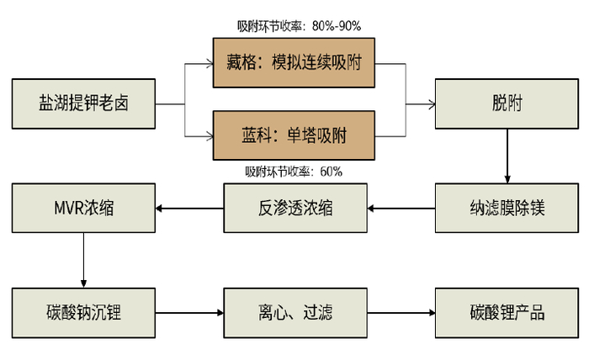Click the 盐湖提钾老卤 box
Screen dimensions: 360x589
point(85,103)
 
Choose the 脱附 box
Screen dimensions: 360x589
point(507,103)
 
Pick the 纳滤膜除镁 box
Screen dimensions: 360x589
point(507,207)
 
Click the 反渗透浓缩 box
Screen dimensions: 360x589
point(295,207)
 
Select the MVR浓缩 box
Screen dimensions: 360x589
point(85,207)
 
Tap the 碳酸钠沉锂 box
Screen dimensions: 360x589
point(85,313)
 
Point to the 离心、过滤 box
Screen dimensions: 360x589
point(295,313)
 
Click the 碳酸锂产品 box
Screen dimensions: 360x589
point(507,313)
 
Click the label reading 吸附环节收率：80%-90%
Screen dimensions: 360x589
point(300,26)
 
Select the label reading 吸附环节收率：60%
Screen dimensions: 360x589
point(294,172)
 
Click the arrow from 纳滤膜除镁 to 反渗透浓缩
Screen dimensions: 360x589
point(401,208)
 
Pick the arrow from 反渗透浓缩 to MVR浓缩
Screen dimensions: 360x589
point(190,208)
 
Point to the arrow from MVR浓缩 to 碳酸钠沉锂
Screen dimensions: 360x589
point(84,260)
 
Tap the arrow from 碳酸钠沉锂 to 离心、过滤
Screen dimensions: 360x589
point(190,314)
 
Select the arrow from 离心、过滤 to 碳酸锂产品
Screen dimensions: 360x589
point(401,314)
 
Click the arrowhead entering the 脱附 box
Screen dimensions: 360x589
point(430,104)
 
